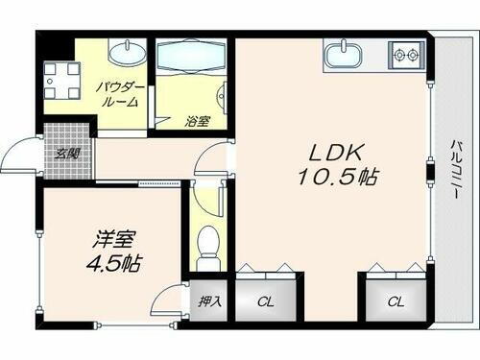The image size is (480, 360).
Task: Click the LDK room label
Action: pos(334,153)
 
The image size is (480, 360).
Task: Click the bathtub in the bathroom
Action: pos(190,56)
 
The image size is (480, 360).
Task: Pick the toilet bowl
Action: pos(204,248)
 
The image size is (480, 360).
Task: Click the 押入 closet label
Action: pos(209,300)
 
